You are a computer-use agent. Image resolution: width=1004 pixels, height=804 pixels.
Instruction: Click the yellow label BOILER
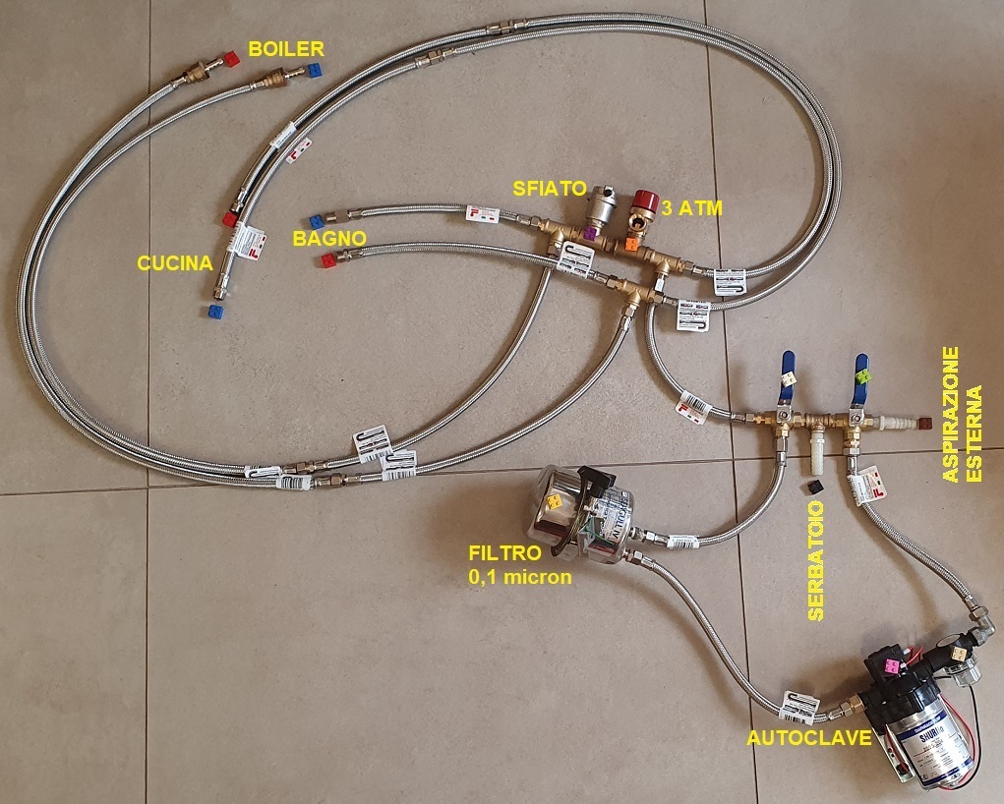pyautogui.click(x=285, y=47)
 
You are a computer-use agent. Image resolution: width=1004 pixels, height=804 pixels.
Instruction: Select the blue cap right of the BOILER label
pyautogui.click(x=314, y=71)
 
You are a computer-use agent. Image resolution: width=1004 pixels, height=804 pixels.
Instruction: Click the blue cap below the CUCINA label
pyautogui.click(x=214, y=311)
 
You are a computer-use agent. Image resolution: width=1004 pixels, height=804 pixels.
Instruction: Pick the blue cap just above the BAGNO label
pyautogui.click(x=317, y=221)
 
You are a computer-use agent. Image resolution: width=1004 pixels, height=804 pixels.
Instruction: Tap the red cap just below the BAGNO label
pyautogui.click(x=327, y=259)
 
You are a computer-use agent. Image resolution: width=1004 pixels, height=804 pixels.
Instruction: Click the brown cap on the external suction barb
pyautogui.click(x=924, y=424)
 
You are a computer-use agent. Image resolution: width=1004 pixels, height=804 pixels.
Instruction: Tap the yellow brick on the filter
pyautogui.click(x=555, y=501)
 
